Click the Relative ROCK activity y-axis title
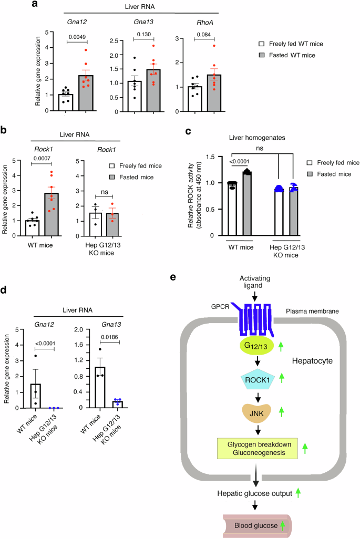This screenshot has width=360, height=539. [197, 193]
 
